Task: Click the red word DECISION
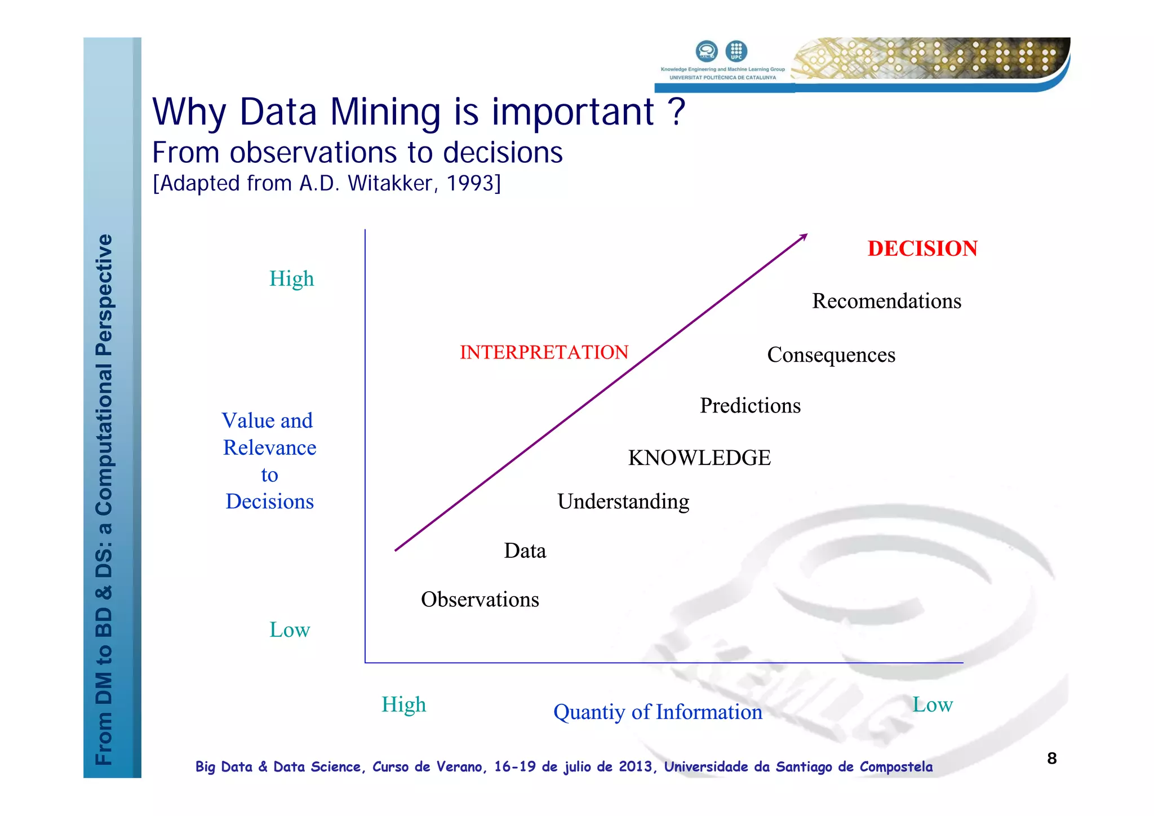922,249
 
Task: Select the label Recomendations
886,301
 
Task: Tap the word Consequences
831,355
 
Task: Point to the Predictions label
750,406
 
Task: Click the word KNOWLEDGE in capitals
699,458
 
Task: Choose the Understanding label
623,502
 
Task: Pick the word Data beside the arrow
525,551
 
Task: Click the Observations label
480,600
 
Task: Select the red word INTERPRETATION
544,352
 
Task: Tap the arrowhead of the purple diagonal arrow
804,237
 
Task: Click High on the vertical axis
291,279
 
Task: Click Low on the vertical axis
290,629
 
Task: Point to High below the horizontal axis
403,704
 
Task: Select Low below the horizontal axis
932,704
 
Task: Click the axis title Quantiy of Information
658,712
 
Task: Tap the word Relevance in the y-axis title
269,447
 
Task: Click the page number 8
1051,759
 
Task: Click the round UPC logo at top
736,51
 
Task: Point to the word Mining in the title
385,112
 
